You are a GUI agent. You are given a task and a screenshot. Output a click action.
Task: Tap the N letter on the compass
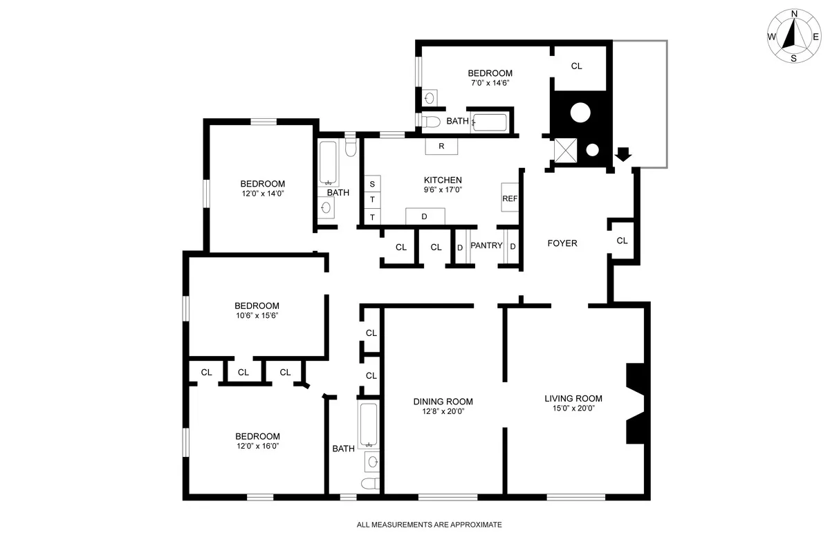pos(794,14)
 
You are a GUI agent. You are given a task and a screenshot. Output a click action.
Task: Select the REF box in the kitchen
pos(510,198)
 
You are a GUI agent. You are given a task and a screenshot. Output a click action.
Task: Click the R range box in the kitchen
pos(441,147)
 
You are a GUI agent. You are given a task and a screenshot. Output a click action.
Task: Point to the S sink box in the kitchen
pos(372,184)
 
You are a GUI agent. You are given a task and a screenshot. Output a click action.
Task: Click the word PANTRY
pos(486,245)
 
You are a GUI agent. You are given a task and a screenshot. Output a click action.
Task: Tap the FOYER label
pos(562,243)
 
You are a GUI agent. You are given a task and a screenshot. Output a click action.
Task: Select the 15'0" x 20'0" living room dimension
pos(573,408)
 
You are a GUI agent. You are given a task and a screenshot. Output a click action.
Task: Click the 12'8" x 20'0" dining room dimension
pos(443,411)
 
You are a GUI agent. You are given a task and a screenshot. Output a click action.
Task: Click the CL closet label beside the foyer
pos(622,241)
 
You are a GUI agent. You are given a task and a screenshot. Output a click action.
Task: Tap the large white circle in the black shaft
pos(580,113)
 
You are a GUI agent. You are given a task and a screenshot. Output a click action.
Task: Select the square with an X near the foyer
pos(566,150)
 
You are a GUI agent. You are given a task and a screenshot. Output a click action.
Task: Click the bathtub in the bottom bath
pos(369,424)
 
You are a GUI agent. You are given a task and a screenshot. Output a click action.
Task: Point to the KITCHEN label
pos(443,180)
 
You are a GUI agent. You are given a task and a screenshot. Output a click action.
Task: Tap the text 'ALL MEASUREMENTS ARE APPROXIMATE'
pos(429,525)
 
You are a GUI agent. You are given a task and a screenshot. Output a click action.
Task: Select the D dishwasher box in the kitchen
pos(424,217)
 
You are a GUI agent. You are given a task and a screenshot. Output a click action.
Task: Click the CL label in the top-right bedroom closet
pos(576,66)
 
